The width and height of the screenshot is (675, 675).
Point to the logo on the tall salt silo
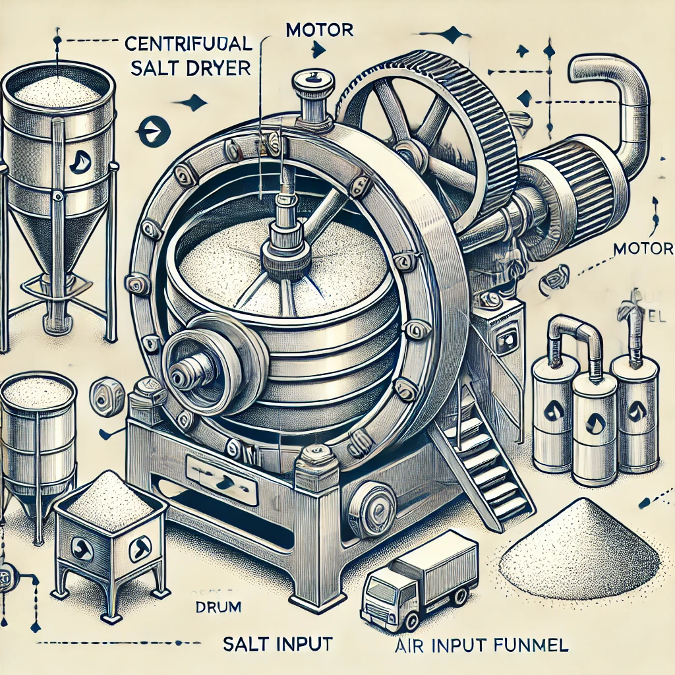click(78, 158)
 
